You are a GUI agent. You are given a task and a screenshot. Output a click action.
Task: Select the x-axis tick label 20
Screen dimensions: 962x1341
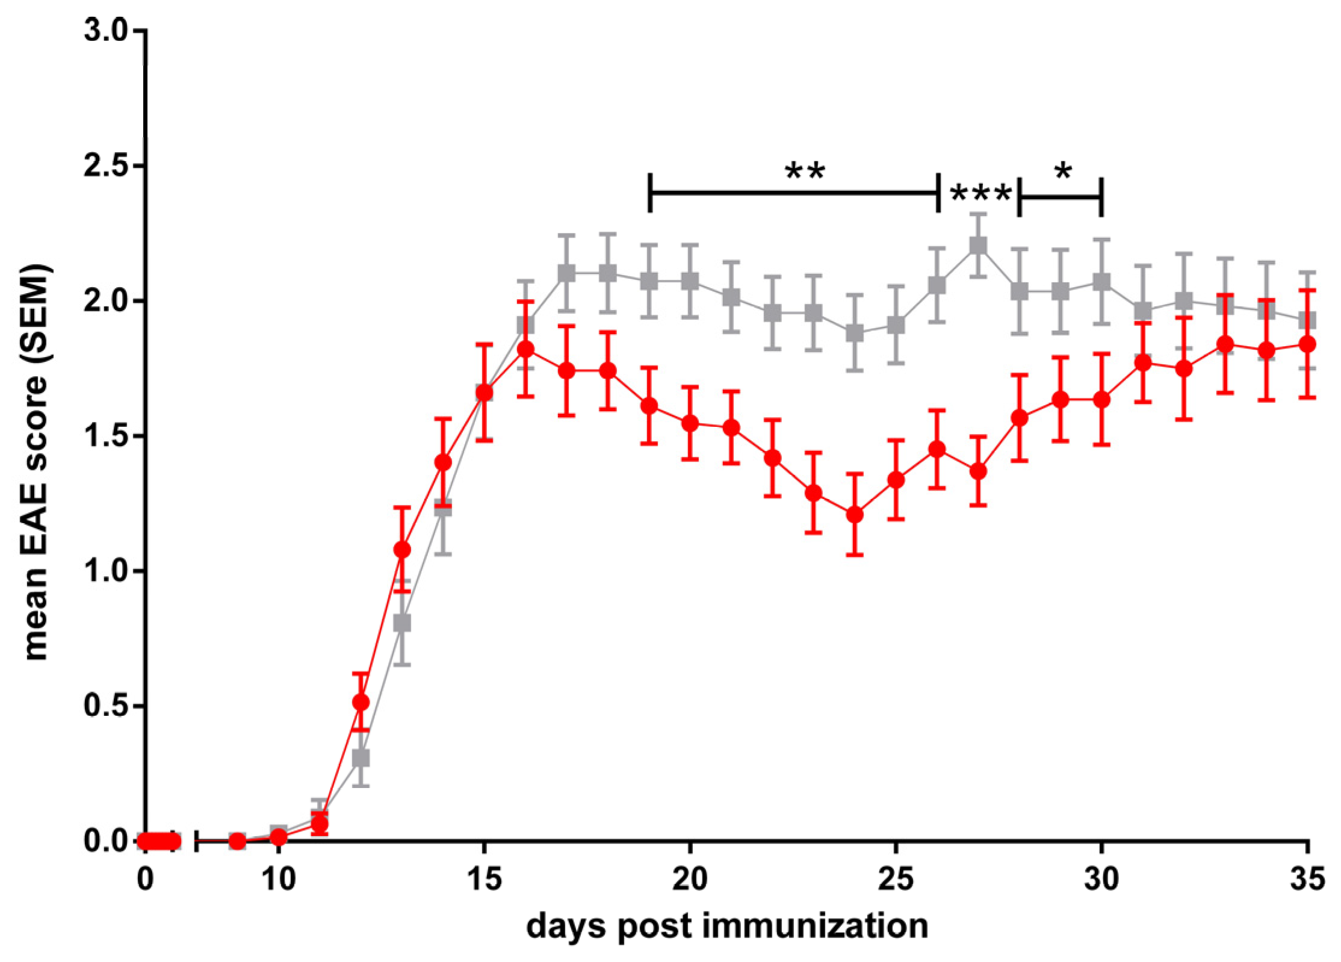690,880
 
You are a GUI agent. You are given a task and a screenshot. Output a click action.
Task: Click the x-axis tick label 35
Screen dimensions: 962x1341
1307,880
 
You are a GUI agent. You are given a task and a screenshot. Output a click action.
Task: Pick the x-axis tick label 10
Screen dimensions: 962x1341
279,880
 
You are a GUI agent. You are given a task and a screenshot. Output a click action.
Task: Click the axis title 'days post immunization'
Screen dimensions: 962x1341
727,926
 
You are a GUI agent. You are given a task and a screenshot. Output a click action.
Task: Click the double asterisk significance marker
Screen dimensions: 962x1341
805,172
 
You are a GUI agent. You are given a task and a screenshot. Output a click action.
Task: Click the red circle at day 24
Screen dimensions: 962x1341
855,515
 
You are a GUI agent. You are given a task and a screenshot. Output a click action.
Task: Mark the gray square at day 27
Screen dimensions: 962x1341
978,246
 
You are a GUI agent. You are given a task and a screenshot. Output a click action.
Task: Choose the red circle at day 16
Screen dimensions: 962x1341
525,349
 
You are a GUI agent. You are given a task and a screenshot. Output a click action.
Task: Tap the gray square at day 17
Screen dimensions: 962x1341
566,273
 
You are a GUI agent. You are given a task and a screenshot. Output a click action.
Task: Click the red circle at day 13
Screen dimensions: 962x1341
402,550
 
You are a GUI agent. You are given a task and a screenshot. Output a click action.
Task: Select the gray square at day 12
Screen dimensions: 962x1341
361,758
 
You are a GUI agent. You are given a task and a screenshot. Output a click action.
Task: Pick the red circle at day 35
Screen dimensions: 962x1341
1307,344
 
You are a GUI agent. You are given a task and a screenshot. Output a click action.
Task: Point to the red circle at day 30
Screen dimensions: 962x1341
1101,399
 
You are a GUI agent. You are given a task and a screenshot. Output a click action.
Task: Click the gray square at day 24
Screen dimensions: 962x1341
855,333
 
